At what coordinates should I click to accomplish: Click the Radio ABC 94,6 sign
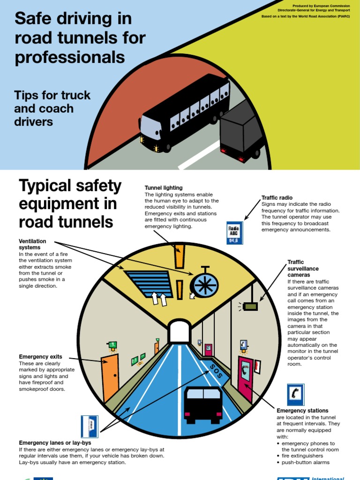[x=234, y=233]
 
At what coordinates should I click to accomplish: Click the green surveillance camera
[x=250, y=306]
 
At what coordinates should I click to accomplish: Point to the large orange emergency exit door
[x=111, y=378]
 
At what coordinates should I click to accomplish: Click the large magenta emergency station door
[x=245, y=378]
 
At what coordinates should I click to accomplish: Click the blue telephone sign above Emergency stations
[x=296, y=394]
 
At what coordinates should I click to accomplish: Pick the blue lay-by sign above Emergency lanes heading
[x=90, y=426]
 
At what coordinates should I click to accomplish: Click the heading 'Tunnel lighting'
[x=164, y=188]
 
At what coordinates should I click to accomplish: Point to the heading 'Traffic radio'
[x=277, y=198]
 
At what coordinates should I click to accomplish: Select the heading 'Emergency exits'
[x=40, y=357]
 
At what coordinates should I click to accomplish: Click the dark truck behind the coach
[x=242, y=132]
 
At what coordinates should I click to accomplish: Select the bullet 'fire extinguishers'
[x=302, y=456]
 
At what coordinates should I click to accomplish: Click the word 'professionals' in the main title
[x=70, y=57]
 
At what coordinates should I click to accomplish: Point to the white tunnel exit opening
[x=178, y=331]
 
